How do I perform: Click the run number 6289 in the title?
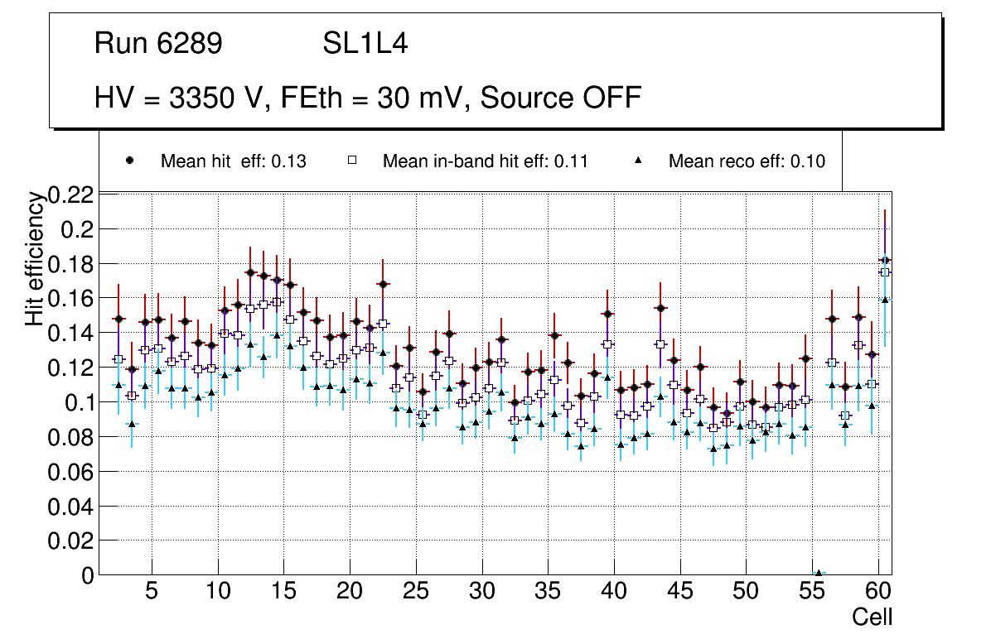(191, 44)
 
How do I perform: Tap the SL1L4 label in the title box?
(365, 44)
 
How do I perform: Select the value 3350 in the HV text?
(201, 98)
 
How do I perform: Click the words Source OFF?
(561, 98)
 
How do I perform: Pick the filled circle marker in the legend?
(129, 161)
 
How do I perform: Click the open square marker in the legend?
(351, 161)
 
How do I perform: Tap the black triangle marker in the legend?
(638, 161)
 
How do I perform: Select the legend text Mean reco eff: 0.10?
(747, 161)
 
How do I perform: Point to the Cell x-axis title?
(873, 617)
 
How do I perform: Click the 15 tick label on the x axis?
(283, 593)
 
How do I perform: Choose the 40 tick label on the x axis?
(614, 593)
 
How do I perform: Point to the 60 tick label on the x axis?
(878, 593)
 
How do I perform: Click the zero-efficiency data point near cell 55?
(819, 573)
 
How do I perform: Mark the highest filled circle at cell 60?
(885, 260)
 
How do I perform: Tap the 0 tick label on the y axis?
(88, 575)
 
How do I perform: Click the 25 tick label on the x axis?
(416, 593)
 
